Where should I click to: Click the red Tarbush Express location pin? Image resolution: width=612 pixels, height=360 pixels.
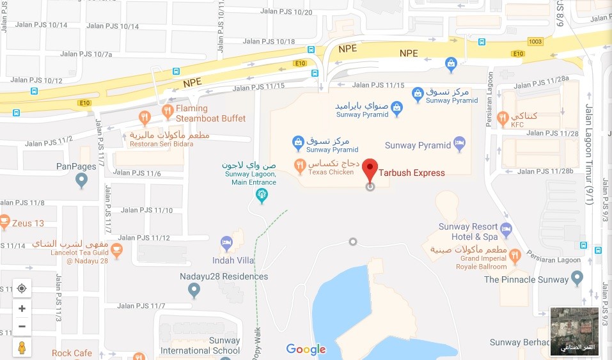[370, 169]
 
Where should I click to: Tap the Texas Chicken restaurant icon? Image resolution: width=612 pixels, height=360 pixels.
[299, 166]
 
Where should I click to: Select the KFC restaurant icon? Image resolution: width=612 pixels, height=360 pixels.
[503, 117]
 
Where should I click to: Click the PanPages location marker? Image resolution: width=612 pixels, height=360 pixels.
[81, 182]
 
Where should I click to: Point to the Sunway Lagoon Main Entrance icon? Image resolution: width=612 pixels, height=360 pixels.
[261, 194]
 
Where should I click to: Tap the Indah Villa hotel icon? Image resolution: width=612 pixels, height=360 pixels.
[226, 242]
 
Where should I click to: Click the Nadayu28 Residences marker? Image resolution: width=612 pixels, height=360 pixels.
[194, 291]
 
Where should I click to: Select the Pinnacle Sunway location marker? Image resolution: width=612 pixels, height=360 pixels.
[577, 278]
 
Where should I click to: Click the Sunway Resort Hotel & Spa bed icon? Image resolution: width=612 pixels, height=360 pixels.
[506, 228]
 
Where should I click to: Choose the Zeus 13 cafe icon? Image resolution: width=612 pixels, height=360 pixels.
[4, 223]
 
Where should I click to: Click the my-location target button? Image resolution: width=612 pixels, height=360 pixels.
[22, 288]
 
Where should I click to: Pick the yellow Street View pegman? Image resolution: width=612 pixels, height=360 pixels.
[22, 347]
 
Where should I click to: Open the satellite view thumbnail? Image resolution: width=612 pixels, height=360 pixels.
[574, 331]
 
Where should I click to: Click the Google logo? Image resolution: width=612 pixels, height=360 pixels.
[306, 349]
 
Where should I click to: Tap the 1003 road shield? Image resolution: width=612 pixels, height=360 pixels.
[535, 42]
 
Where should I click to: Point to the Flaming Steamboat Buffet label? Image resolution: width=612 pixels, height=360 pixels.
[201, 113]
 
